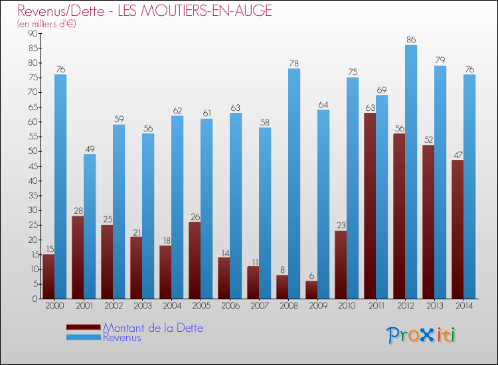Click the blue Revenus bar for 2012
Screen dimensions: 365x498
(x=411, y=172)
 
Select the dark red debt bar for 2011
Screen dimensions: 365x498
(x=370, y=206)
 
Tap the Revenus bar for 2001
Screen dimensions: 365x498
(x=90, y=226)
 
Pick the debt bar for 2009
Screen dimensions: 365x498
(x=311, y=290)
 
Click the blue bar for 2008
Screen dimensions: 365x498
(x=294, y=184)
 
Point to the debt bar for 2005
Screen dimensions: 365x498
(x=195, y=260)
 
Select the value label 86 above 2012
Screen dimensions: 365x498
(x=411, y=40)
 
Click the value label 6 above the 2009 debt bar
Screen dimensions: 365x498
(x=311, y=276)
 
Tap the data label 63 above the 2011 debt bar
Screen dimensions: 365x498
(x=370, y=108)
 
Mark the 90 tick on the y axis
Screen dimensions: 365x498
(x=32, y=34)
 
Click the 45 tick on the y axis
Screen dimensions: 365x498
(x=32, y=166)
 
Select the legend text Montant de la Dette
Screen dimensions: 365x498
(x=153, y=328)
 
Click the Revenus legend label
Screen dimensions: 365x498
(x=122, y=337)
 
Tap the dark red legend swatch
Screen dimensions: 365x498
(x=84, y=327)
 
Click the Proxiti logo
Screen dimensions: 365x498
(x=421, y=335)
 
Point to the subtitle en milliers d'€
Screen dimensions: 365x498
(x=47, y=23)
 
